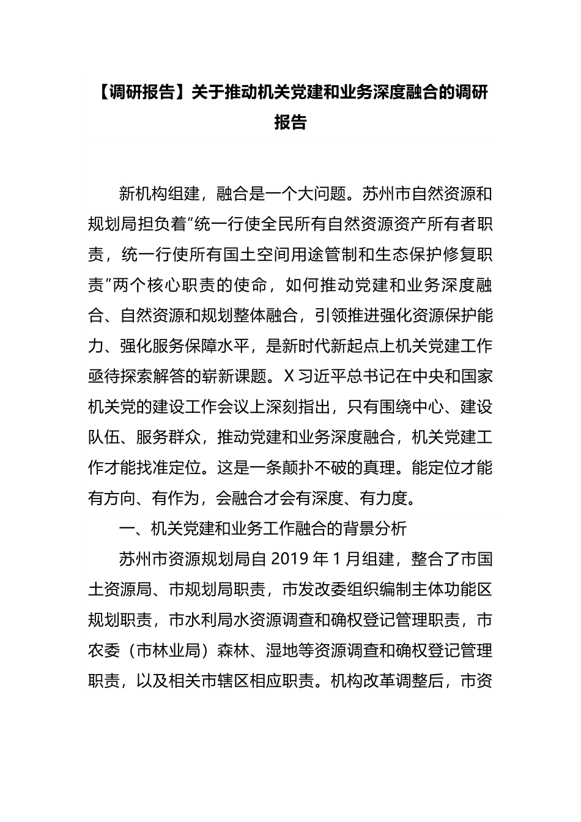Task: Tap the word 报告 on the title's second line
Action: coord(290,122)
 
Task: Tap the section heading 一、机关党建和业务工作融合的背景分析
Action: coord(263,528)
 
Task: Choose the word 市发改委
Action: coord(313,590)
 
